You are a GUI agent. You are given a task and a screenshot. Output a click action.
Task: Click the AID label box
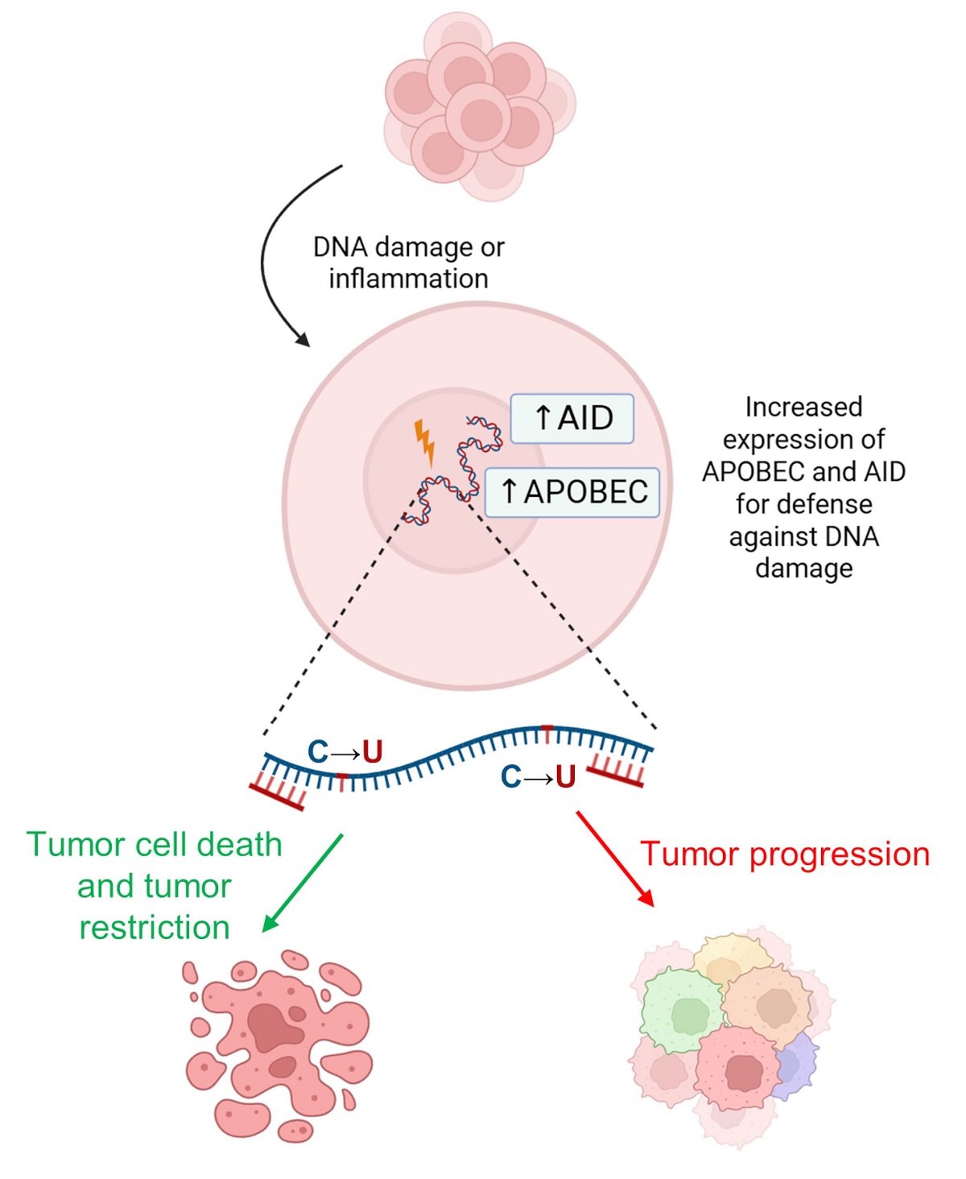point(572,419)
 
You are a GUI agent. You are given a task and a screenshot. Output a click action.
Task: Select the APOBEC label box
point(572,491)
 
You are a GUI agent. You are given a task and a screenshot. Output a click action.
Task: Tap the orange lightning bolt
point(424,441)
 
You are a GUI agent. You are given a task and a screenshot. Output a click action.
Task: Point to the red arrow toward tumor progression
point(614,858)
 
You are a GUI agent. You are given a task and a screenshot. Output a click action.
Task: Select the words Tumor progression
point(785,854)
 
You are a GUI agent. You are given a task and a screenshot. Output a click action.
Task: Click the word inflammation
point(408,279)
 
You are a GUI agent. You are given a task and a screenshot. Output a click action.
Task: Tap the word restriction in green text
point(155,928)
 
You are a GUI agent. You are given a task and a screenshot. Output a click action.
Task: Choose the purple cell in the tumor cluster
point(795,1065)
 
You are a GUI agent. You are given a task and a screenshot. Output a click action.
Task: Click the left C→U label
point(345,752)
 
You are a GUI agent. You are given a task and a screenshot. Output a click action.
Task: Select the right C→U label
point(538,777)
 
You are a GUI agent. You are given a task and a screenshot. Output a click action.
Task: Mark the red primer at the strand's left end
point(278,794)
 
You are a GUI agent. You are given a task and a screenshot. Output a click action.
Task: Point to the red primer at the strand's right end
point(616,772)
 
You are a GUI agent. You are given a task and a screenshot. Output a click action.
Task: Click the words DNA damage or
point(408,247)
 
